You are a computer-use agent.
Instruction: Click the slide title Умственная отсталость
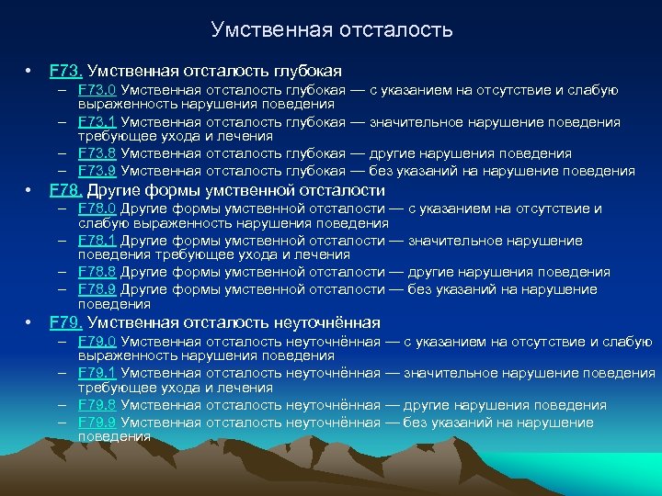pyautogui.click(x=331, y=29)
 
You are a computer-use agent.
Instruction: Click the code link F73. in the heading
pyautogui.click(x=66, y=71)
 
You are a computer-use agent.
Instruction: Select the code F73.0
pyautogui.click(x=97, y=90)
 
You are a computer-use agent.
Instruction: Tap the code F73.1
pyautogui.click(x=97, y=122)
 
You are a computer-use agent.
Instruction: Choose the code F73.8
pyautogui.click(x=97, y=153)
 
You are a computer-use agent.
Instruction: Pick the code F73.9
pyautogui.click(x=97, y=171)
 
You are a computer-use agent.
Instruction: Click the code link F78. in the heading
pyautogui.click(x=66, y=190)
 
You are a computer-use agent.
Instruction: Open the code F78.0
pyautogui.click(x=97, y=209)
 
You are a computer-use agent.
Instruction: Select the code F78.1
pyautogui.click(x=97, y=241)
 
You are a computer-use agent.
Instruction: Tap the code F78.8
pyautogui.click(x=97, y=272)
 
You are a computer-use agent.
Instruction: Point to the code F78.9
pyautogui.click(x=97, y=289)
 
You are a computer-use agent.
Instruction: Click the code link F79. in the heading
pyautogui.click(x=66, y=322)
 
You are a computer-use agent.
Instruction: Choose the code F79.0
pyautogui.click(x=97, y=342)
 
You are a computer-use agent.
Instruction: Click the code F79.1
pyautogui.click(x=97, y=373)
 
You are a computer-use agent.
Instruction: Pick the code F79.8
pyautogui.click(x=97, y=405)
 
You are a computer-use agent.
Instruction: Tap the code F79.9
pyautogui.click(x=97, y=423)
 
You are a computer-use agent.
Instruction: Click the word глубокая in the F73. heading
pyautogui.click(x=307, y=71)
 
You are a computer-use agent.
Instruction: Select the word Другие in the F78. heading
pyautogui.click(x=114, y=190)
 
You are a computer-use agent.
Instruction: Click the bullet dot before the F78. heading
pyautogui.click(x=29, y=191)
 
